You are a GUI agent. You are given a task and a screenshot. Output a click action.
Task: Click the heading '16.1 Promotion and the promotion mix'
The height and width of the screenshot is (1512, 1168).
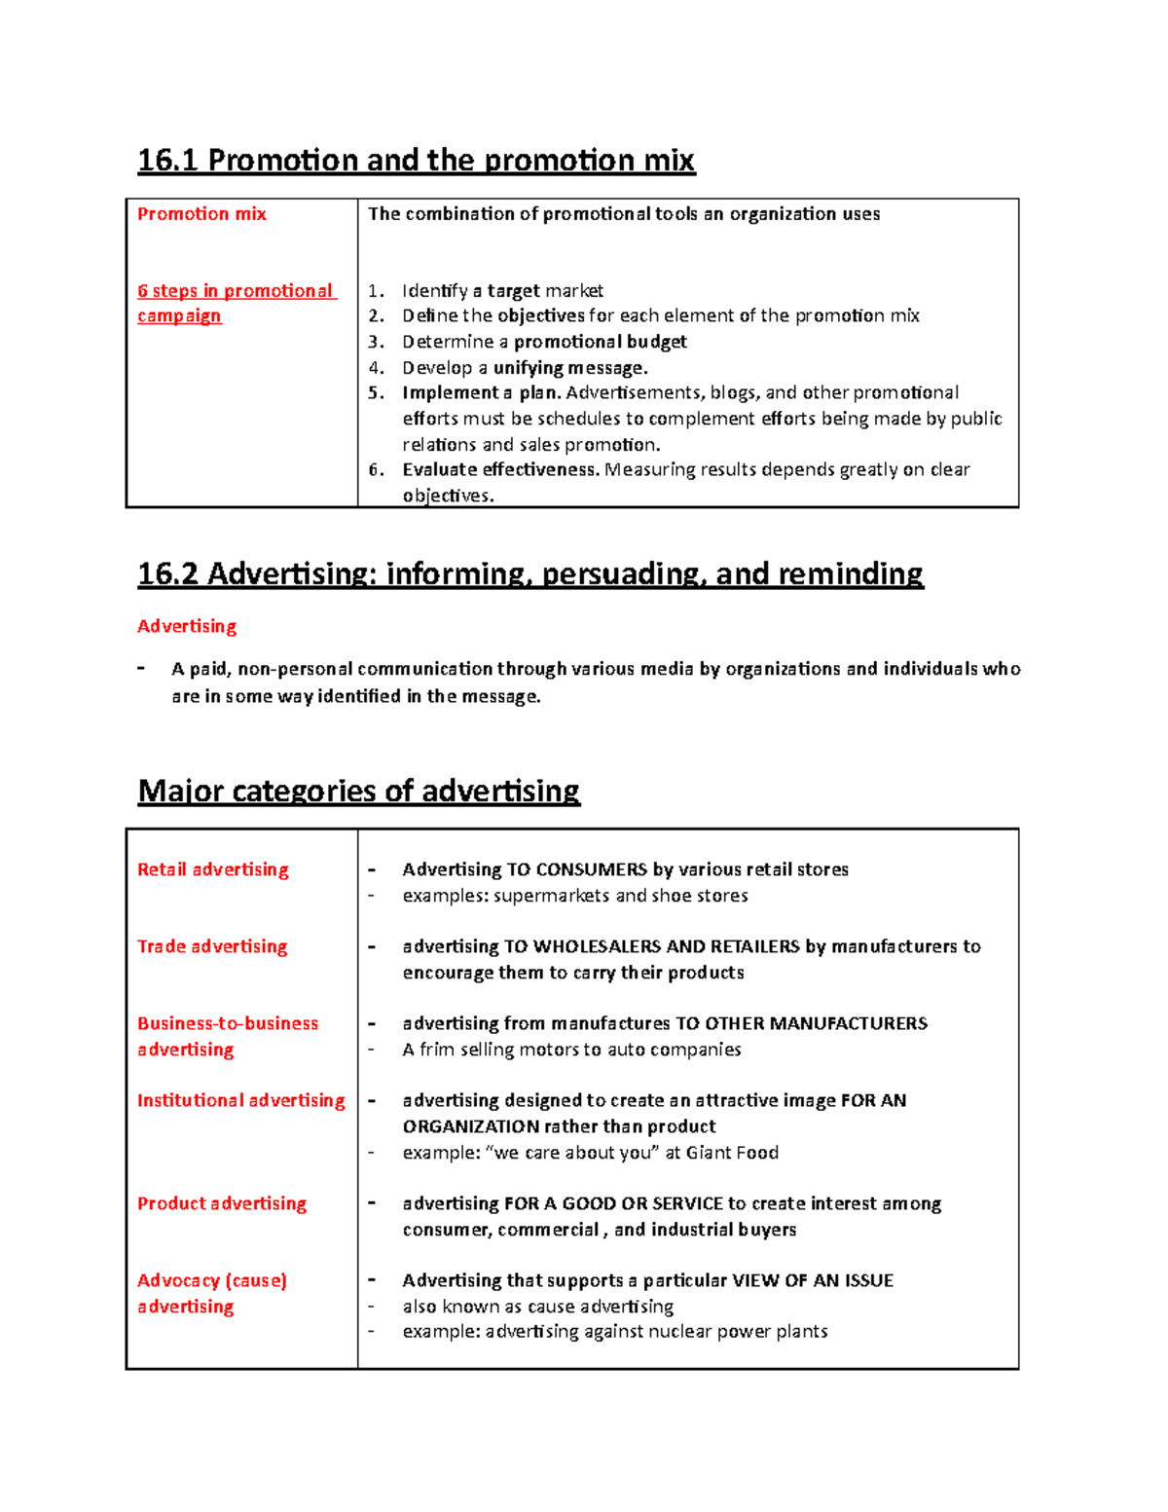[416, 160]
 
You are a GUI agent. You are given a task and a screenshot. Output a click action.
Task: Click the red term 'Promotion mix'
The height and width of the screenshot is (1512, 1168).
[201, 214]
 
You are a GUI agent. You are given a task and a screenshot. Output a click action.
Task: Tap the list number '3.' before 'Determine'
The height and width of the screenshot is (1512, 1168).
[377, 342]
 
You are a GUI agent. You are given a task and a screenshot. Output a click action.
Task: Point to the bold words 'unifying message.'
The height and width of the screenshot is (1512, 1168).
[570, 368]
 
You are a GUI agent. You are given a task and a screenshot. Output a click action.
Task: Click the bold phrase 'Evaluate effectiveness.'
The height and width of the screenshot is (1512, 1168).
[500, 470]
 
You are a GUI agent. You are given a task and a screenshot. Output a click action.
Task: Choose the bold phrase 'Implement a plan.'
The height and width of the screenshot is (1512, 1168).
[481, 393]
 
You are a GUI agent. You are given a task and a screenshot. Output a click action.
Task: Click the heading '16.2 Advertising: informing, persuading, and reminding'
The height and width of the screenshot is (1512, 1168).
[530, 573]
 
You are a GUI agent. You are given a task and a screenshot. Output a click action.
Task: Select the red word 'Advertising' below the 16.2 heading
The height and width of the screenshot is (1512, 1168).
[187, 626]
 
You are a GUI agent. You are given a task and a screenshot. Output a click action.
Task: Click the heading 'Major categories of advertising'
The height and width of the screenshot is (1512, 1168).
[358, 791]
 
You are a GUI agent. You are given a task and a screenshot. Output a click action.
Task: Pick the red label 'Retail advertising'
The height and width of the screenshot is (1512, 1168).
[213, 869]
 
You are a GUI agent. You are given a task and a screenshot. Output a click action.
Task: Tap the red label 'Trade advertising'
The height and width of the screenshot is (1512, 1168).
[212, 946]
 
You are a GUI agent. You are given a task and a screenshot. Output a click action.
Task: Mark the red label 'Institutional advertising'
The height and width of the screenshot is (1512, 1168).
[241, 1100]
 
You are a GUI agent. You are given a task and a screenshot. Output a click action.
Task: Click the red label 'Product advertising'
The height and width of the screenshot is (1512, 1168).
[222, 1203]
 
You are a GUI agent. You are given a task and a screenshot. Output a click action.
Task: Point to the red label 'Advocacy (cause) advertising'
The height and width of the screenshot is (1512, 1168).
[211, 1293]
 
